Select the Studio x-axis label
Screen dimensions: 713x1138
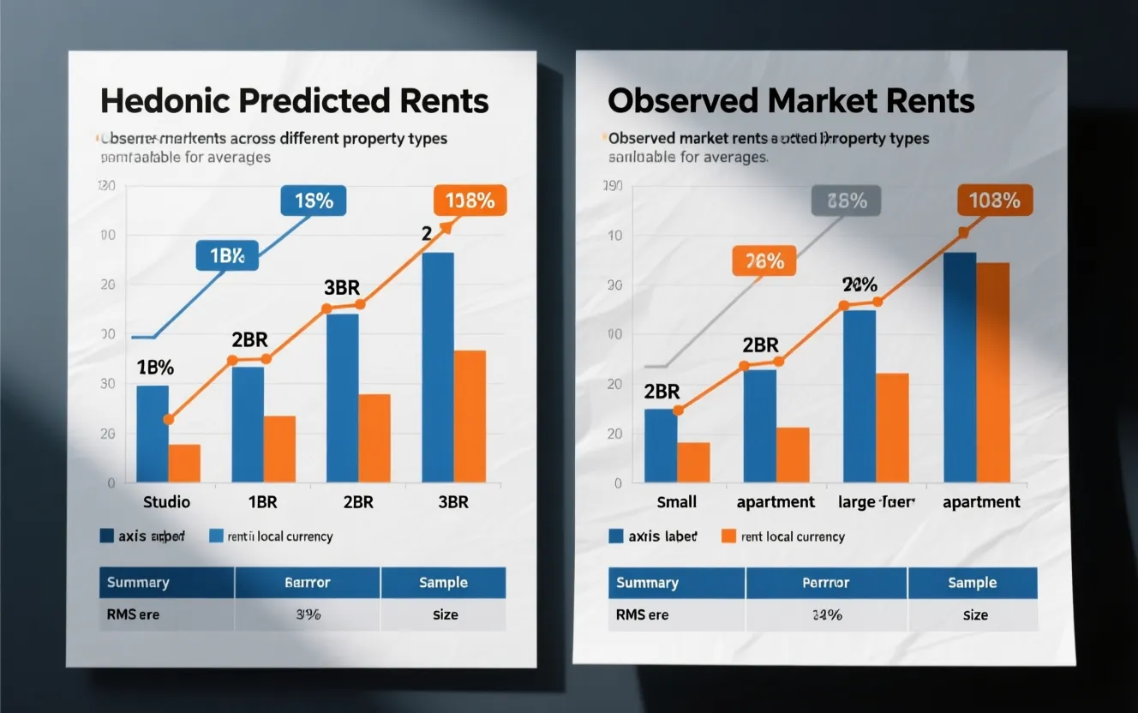[x=166, y=502]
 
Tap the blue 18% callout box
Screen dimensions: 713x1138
[x=313, y=201]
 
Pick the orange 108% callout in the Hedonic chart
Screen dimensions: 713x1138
[x=470, y=201]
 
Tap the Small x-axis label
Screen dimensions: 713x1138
[x=676, y=502]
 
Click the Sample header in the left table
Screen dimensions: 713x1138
[x=443, y=583]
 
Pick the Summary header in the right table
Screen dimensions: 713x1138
[x=647, y=583]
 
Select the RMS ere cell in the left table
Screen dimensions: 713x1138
[x=134, y=614]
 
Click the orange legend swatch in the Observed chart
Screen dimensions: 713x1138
[x=728, y=536]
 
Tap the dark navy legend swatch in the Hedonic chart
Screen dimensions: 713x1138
[x=106, y=536]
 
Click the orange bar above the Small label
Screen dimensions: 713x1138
[x=693, y=462]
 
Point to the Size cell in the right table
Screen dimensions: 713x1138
[x=975, y=614]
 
